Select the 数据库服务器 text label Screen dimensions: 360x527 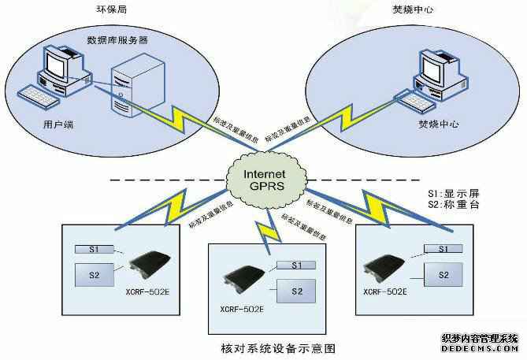pyautogui.click(x=118, y=39)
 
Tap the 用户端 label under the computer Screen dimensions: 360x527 pyautogui.click(x=60, y=125)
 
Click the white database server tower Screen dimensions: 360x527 pyautogui.click(x=131, y=87)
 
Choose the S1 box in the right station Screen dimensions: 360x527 pyautogui.click(x=443, y=248)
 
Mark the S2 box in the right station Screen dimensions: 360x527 pyautogui.click(x=443, y=274)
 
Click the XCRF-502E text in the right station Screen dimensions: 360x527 pyautogui.click(x=385, y=291)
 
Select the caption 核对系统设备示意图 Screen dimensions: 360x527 pyautogui.click(x=267, y=346)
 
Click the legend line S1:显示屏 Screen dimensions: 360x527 pyautogui.click(x=449, y=191)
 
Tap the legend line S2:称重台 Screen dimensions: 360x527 pyautogui.click(x=449, y=205)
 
